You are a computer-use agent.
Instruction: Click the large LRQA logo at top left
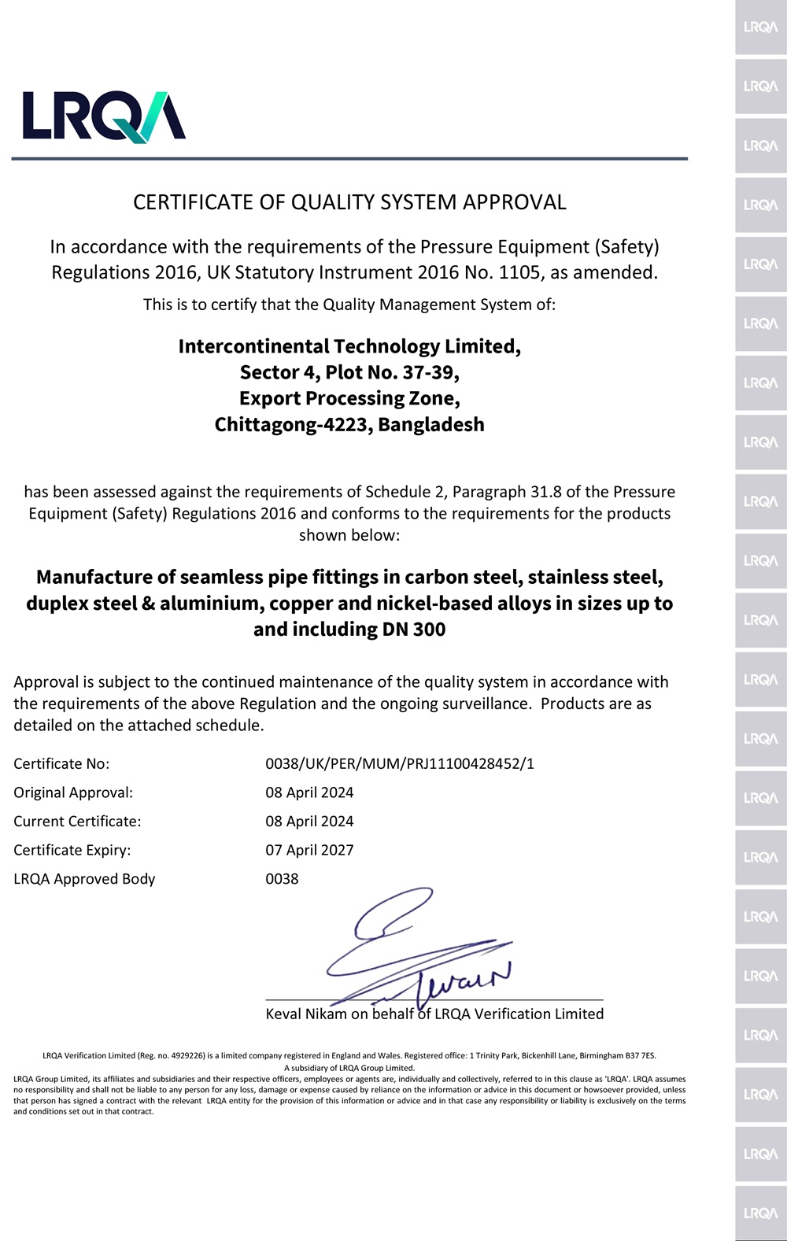104,116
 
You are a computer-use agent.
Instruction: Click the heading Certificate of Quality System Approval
349,202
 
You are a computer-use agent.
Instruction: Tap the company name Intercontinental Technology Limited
349,346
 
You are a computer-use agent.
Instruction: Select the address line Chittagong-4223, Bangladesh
349,424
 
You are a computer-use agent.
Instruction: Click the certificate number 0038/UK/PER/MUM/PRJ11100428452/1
400,763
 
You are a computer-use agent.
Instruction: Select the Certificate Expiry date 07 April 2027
309,850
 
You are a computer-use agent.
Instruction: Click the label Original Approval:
73,792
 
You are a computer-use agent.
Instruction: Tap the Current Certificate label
77,821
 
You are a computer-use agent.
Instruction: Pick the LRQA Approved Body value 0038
282,878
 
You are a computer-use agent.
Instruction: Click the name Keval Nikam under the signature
306,1014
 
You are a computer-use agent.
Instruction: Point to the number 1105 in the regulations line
520,272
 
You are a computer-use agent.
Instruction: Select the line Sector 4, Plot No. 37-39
349,372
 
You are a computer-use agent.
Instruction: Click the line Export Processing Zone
349,398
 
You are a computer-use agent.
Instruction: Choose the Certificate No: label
61,763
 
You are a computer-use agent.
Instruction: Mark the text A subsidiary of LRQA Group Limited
349,1068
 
